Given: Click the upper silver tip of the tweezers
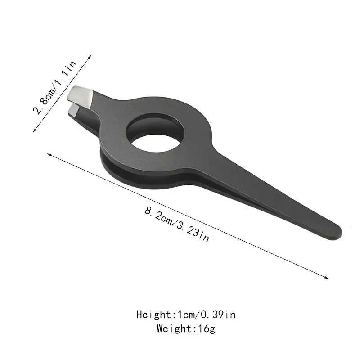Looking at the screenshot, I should tap(81, 94).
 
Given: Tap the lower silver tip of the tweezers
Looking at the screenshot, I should tap(75, 109).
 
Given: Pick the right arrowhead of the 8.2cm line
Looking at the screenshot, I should tap(327, 277).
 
